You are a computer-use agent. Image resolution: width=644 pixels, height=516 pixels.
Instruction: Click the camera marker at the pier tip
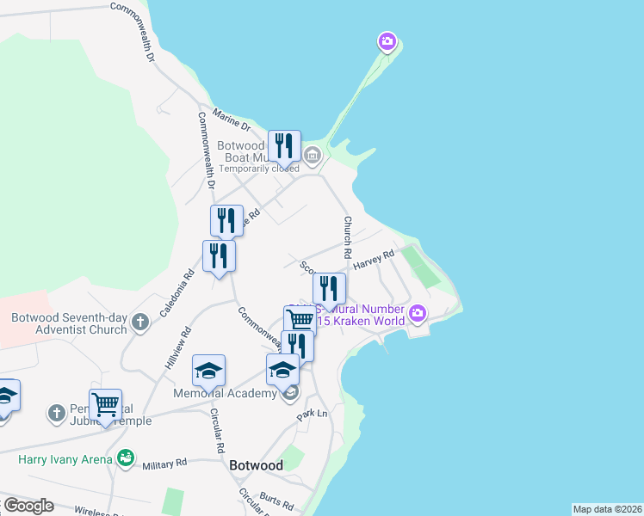[x=387, y=40]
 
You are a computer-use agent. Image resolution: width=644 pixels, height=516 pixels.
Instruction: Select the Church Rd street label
[x=348, y=237]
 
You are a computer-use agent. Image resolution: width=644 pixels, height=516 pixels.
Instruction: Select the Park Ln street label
[x=313, y=415]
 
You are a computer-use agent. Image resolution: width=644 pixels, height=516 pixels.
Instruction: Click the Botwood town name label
[x=257, y=465]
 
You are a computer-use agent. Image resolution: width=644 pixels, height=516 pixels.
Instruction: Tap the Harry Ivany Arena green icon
[x=126, y=458]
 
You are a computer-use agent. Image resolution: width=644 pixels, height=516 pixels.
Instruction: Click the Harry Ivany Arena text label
[x=65, y=459]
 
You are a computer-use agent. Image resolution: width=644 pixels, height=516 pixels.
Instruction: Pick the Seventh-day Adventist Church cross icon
[x=140, y=323]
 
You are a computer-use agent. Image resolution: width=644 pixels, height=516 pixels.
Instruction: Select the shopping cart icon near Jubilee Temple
[x=105, y=403]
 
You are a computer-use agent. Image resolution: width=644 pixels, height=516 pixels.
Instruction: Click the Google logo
[x=28, y=506]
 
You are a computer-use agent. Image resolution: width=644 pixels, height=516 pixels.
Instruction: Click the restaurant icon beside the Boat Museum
[x=284, y=146]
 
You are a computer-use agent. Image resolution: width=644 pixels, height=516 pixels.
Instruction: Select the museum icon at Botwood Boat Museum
[x=312, y=157]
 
